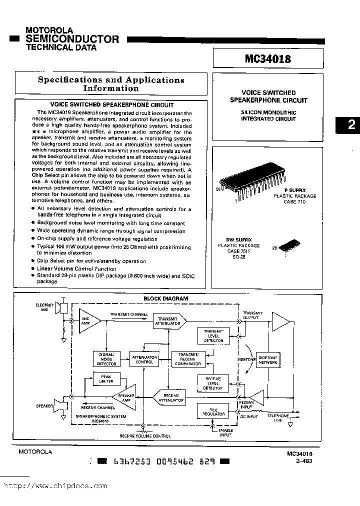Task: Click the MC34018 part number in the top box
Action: point(267,58)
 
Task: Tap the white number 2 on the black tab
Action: point(351,124)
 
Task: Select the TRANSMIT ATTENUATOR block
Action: point(168,321)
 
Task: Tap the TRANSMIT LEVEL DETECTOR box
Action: point(213,336)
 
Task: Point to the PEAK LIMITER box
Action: point(106,379)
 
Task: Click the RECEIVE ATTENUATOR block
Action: point(168,397)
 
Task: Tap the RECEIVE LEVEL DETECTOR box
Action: point(213,382)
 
